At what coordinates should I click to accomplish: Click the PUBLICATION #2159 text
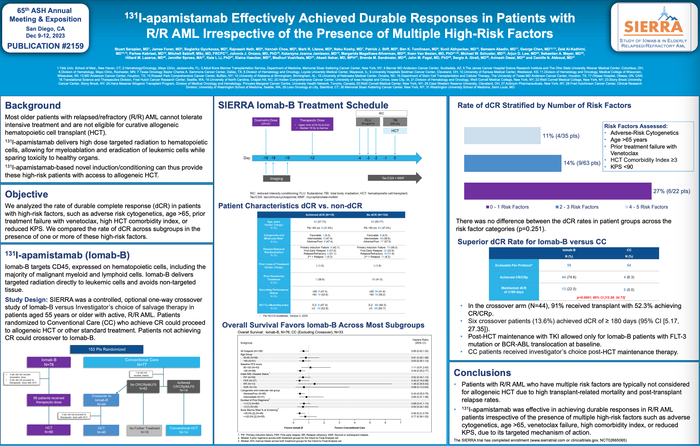45,46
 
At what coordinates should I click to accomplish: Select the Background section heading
33,105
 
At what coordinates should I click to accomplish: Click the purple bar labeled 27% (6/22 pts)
557,191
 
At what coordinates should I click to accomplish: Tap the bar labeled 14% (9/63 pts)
512,163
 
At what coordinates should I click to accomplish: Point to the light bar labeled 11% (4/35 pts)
502,136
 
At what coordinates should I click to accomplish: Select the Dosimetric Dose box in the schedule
265,122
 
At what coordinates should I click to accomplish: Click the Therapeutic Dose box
312,124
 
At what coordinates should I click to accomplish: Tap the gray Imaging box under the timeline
276,178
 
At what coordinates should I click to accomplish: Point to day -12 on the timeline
312,158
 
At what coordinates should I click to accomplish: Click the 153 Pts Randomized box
107,349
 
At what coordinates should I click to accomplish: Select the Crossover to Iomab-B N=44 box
101,400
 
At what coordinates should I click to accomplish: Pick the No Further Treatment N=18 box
145,430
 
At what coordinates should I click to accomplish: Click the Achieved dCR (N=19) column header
320,215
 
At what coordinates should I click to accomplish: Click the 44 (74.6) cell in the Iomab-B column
569,277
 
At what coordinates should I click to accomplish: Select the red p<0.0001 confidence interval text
600,297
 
